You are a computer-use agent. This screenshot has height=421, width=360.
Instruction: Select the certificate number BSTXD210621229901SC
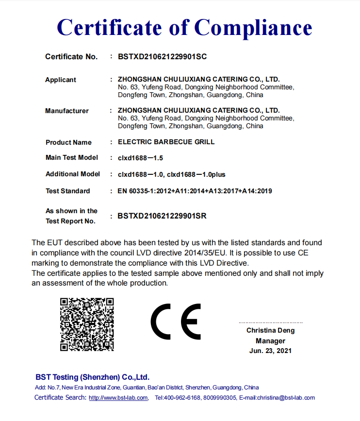162,57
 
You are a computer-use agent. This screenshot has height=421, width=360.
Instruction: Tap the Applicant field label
61,80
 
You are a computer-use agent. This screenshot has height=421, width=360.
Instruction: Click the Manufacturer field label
67,111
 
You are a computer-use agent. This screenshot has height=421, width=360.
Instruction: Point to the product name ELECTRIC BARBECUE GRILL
166,142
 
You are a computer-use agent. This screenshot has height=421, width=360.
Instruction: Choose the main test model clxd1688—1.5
140,158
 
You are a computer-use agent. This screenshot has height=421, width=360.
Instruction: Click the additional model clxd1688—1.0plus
196,174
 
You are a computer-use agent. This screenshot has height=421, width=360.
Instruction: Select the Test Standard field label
68,191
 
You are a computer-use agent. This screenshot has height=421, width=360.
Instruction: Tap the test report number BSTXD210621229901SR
162,216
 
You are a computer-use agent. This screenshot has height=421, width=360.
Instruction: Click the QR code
87,324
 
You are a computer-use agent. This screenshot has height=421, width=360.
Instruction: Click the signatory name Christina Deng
270,331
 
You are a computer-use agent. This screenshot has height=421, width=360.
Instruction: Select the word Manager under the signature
270,341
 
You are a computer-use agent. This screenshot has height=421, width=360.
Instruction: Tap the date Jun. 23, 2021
270,351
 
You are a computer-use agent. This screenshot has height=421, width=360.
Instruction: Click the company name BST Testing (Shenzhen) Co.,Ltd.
92,377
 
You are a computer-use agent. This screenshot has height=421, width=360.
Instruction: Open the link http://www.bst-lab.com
118,398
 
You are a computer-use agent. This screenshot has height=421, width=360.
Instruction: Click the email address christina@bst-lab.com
286,398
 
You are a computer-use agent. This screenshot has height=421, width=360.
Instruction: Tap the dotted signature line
270,322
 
